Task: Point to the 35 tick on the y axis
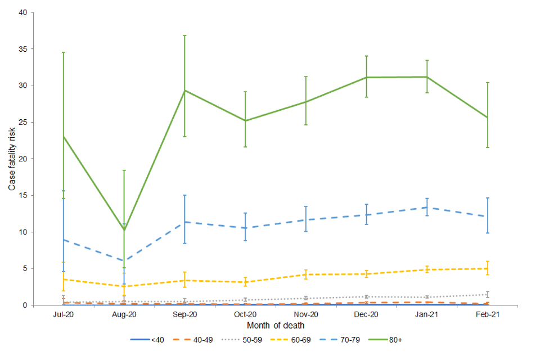[x=23, y=49]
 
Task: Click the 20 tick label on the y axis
[x=23, y=159]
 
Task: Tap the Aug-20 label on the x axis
[x=124, y=315]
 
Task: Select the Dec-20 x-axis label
[x=366, y=315]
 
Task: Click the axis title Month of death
[x=275, y=325]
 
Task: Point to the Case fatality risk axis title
[x=12, y=159]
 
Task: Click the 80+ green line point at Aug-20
[x=124, y=229]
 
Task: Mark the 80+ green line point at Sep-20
[x=184, y=91]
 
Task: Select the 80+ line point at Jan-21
[x=427, y=77]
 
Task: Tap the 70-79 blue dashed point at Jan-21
[x=427, y=208]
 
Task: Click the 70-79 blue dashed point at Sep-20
[x=184, y=222]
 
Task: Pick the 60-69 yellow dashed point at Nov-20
[x=306, y=274]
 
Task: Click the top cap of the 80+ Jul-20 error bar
[x=64, y=52]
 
